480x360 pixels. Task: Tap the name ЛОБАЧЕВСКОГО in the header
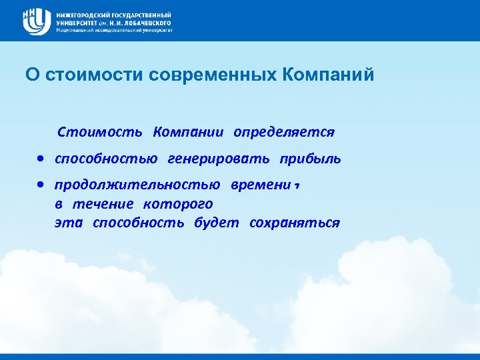[143, 22]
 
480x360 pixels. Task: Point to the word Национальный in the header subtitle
[73, 30]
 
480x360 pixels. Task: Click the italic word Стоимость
[99, 131]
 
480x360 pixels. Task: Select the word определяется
[283, 131]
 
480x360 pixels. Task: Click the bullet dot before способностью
[41, 159]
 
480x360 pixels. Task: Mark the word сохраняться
[294, 223]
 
